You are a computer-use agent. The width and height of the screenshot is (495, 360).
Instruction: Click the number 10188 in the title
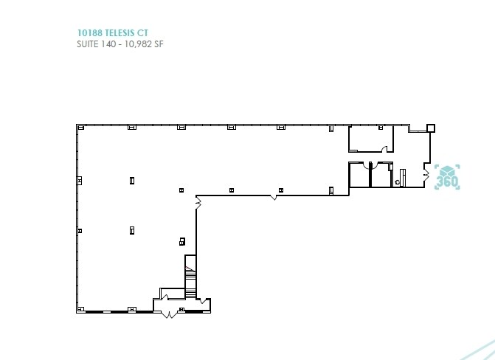coord(88,32)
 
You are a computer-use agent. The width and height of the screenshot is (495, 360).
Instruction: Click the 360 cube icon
coord(448,177)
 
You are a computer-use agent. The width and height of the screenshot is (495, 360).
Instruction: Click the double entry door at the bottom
coord(169,314)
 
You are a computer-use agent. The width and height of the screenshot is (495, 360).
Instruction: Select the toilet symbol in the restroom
coord(398,179)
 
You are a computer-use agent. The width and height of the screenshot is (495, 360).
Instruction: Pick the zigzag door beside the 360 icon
coord(426,173)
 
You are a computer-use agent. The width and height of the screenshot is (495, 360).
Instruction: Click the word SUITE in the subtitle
coord(89,44)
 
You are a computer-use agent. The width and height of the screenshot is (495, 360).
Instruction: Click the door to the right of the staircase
coord(201,299)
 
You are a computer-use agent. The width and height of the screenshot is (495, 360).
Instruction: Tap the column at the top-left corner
coord(79,128)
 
